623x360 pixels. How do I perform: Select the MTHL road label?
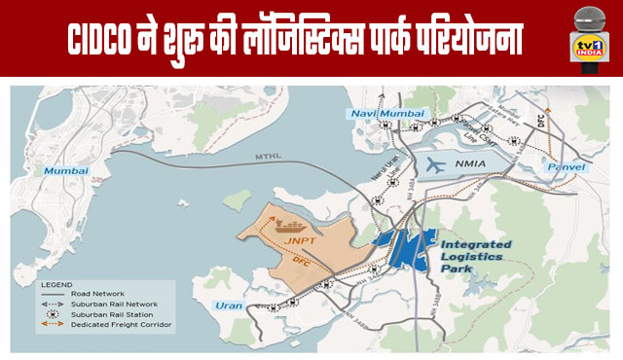click(269, 157)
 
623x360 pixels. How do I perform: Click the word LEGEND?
click(57, 284)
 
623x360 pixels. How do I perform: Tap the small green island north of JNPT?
click(236, 200)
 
